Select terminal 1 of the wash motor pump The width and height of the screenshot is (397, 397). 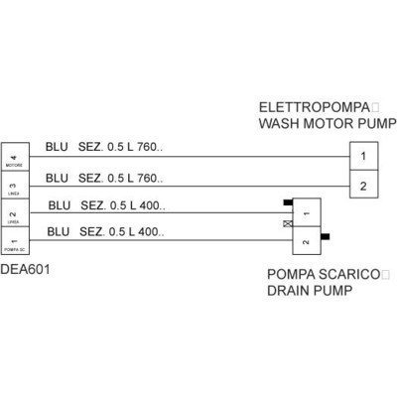click(363, 156)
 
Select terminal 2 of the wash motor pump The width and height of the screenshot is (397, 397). click(363, 184)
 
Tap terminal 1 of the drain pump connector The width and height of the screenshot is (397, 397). click(307, 212)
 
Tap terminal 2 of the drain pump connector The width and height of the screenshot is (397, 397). click(307, 239)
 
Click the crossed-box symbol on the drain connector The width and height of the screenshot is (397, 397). click(287, 225)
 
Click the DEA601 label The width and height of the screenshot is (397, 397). click(23, 267)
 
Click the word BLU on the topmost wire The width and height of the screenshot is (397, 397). click(58, 147)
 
